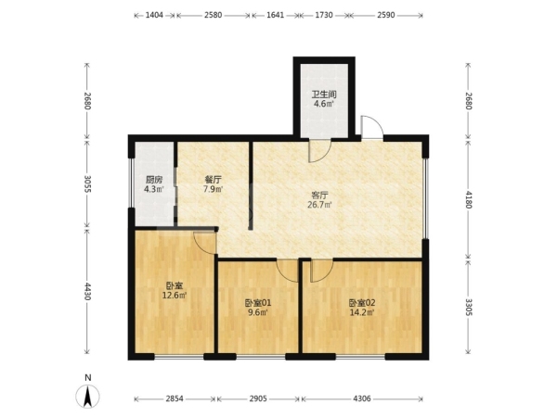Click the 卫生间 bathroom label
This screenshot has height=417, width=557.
click(x=324, y=95)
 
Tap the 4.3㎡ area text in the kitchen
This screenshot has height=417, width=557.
click(x=154, y=189)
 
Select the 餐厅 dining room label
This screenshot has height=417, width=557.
click(x=213, y=180)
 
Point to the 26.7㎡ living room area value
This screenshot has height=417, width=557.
click(x=319, y=205)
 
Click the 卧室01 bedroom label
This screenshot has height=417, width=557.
click(x=258, y=303)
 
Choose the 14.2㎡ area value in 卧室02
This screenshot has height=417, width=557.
click(x=362, y=312)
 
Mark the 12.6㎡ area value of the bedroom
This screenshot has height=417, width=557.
click(x=175, y=295)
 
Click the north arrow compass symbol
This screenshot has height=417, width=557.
click(x=87, y=396)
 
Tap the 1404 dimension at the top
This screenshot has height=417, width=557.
click(x=154, y=15)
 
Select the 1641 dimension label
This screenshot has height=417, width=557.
click(x=275, y=15)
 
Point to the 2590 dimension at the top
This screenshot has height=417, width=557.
click(x=386, y=15)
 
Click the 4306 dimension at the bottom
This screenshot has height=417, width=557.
click(x=362, y=398)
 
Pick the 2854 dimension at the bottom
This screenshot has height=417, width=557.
click(x=175, y=398)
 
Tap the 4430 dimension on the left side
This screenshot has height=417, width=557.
click(x=87, y=291)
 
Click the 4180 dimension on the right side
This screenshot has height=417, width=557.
click(x=469, y=199)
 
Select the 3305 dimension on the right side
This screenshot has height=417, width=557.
click(x=469, y=307)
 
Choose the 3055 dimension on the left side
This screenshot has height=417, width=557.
click(x=87, y=183)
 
